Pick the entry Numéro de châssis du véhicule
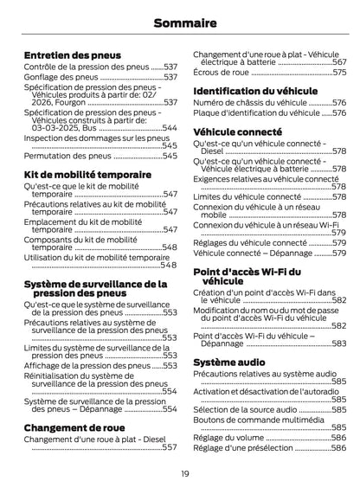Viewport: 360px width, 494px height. coord(250,102)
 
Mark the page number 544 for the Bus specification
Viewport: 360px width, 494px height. coord(170,128)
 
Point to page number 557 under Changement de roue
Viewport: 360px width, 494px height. coord(170,447)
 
